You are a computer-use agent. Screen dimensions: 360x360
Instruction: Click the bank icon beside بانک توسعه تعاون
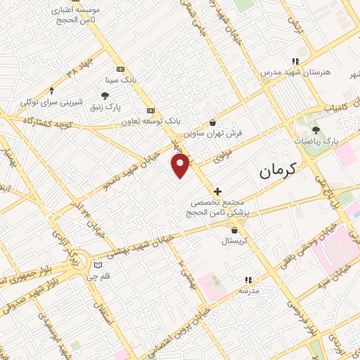[150, 110]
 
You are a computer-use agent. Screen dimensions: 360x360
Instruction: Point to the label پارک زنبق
[105, 107]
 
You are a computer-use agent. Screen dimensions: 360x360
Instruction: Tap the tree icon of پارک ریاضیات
[315, 129]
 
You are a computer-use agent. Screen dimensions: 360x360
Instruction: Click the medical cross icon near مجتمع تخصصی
[218, 191]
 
